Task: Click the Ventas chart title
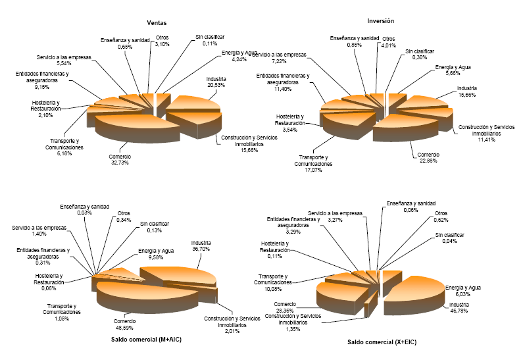[x=156, y=22]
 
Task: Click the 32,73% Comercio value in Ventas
[x=120, y=163]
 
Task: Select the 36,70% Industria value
[x=201, y=249]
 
